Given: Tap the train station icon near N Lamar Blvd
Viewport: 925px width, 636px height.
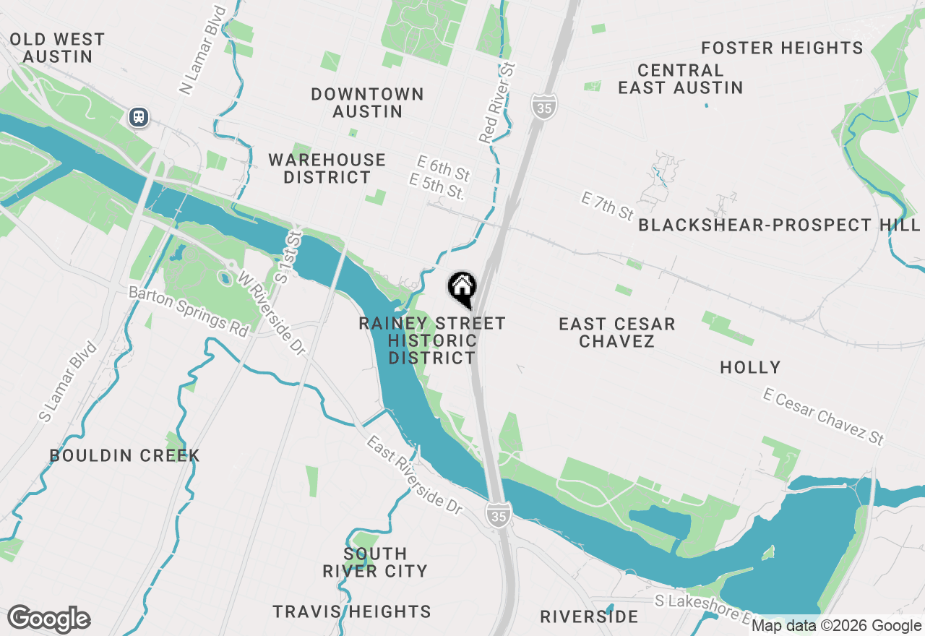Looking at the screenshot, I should tap(138, 116).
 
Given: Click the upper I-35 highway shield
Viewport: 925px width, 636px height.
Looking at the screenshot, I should tap(543, 106).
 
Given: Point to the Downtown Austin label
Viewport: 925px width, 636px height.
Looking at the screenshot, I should tap(367, 103).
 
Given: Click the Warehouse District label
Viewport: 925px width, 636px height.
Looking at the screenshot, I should tap(327, 168).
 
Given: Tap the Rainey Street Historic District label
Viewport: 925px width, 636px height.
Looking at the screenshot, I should tap(432, 340).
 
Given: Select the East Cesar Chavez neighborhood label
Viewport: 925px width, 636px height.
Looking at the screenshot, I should tap(616, 332).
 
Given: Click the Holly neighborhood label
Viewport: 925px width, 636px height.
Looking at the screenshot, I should tap(750, 367).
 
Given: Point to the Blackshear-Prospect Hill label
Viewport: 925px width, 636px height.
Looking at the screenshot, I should tap(779, 225).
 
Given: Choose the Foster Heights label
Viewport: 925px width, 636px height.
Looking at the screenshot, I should tap(782, 48).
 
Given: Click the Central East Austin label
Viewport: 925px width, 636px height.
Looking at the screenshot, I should tap(680, 79).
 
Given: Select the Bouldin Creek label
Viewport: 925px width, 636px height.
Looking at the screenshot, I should tap(124, 455).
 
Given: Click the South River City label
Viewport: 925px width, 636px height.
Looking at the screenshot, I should tap(375, 562).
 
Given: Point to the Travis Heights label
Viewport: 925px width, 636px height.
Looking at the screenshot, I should tap(352, 611).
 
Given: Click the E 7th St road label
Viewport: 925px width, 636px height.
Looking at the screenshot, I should tap(608, 207).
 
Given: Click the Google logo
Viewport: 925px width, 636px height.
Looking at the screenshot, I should tap(48, 619).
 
